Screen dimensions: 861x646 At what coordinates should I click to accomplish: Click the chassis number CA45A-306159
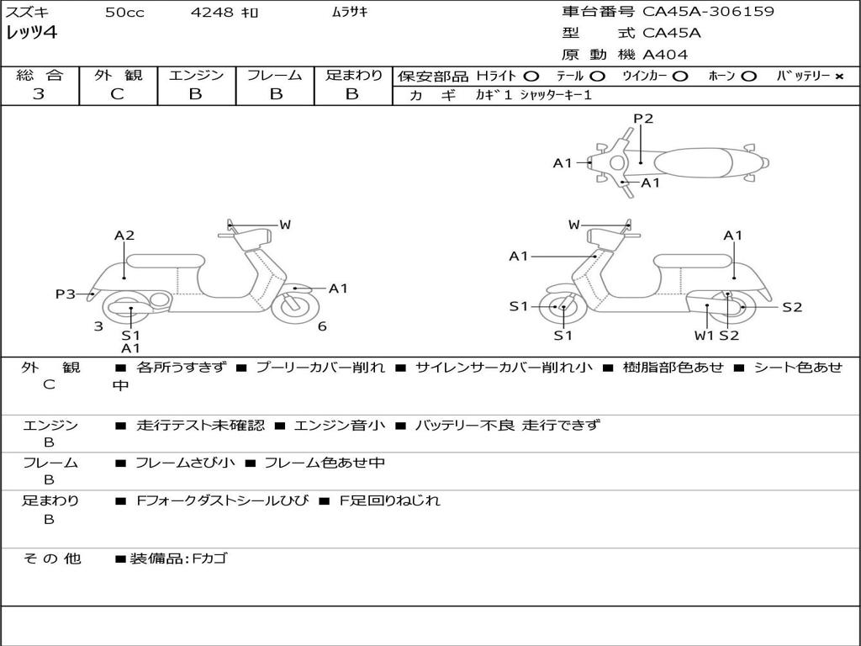pos(708,12)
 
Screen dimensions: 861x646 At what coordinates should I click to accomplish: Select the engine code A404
pos(665,55)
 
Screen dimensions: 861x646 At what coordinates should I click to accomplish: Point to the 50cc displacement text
pos(124,13)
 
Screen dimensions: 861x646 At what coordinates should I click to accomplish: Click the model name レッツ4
pos(33,34)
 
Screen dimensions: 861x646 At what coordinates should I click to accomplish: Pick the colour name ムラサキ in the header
pos(351,13)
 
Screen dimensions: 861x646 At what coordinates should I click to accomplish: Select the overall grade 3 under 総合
pos(39,94)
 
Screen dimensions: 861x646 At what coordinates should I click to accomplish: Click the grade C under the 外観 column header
pos(117,94)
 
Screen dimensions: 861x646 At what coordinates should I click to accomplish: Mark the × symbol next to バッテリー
pos(838,76)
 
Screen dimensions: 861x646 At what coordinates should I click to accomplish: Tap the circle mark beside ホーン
pos(748,76)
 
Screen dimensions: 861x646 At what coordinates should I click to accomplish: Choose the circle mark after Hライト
pos(531,76)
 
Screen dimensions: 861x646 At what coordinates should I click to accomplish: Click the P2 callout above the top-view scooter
pos(643,119)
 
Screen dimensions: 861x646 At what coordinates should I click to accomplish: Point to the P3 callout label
pos(66,294)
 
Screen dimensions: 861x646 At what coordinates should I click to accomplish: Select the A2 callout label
pos(124,236)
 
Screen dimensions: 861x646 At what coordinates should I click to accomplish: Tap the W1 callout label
pos(704,336)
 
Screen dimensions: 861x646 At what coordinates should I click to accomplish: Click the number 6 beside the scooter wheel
pos(322,326)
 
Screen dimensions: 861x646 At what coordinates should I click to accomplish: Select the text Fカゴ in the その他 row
pos(209,559)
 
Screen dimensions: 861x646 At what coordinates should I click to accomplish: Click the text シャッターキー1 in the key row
pos(556,95)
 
